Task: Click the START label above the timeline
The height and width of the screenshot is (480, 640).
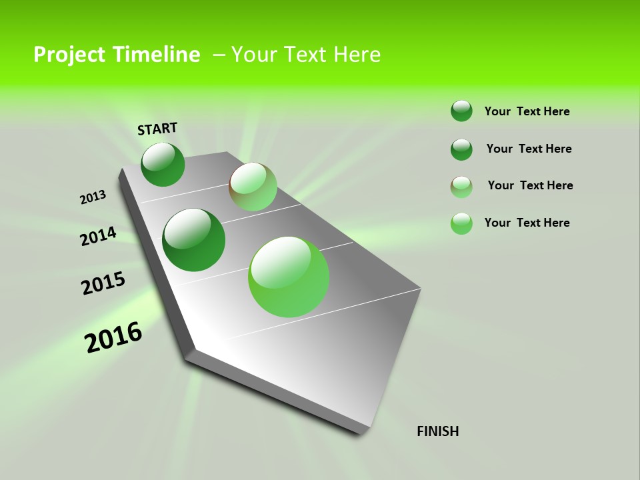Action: (x=157, y=129)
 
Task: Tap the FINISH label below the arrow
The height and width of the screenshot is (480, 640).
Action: (x=438, y=431)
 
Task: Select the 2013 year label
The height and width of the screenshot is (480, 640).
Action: (x=93, y=197)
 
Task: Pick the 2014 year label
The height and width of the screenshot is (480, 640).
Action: (x=98, y=237)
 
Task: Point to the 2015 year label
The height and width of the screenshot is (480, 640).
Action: (x=103, y=283)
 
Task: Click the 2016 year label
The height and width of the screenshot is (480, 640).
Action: (x=113, y=337)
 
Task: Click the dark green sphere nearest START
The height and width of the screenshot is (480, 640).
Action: (x=163, y=164)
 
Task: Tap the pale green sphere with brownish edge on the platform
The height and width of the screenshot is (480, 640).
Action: (x=253, y=187)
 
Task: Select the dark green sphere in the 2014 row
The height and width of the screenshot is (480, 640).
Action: (x=193, y=240)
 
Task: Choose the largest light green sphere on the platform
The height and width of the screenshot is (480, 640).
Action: (x=289, y=277)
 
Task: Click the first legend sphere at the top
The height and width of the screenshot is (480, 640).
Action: (x=461, y=111)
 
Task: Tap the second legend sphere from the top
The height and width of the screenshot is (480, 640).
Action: (x=461, y=149)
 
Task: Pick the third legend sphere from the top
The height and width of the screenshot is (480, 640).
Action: (x=461, y=187)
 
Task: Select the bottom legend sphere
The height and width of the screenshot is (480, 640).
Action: (x=461, y=223)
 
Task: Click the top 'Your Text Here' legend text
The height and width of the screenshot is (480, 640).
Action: (x=527, y=111)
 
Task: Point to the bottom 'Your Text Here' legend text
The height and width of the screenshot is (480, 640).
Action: (x=527, y=223)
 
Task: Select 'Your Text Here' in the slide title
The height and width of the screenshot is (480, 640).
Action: (x=306, y=54)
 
